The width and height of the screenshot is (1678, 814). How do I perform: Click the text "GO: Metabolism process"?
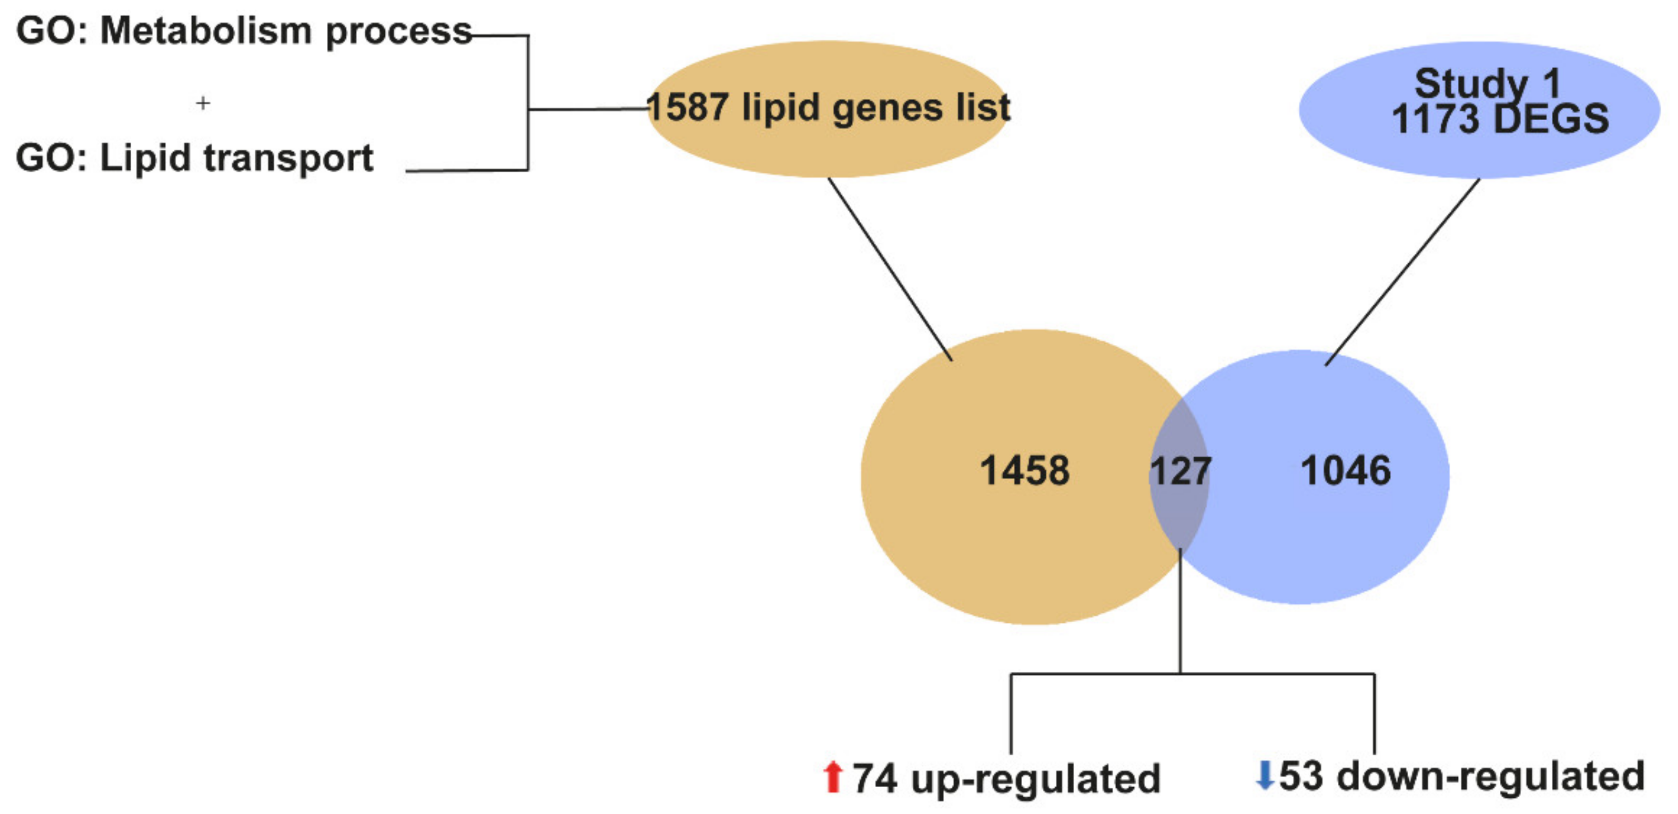click(x=244, y=31)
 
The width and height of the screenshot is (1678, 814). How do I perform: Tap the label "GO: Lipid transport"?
click(x=194, y=158)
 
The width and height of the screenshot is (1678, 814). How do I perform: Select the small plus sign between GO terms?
click(x=203, y=103)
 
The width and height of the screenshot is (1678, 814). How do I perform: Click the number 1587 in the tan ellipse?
click(x=688, y=107)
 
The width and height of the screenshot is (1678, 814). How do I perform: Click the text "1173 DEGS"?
click(x=1499, y=119)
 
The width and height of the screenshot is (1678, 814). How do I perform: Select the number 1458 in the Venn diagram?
click(x=1024, y=471)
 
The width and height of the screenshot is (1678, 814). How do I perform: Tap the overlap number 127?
click(x=1180, y=471)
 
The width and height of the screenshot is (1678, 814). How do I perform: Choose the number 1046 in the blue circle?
click(x=1346, y=471)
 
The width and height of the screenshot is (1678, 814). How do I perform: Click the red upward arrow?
click(x=832, y=777)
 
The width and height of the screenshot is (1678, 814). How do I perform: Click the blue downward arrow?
click(x=1264, y=775)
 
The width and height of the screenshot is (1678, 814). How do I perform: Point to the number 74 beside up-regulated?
click(x=875, y=778)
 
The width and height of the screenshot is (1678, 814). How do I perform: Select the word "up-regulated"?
click(x=1036, y=779)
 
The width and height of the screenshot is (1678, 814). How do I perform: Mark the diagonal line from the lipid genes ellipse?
click(x=890, y=268)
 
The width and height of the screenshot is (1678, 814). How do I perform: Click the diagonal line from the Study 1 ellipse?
click(x=1403, y=272)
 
